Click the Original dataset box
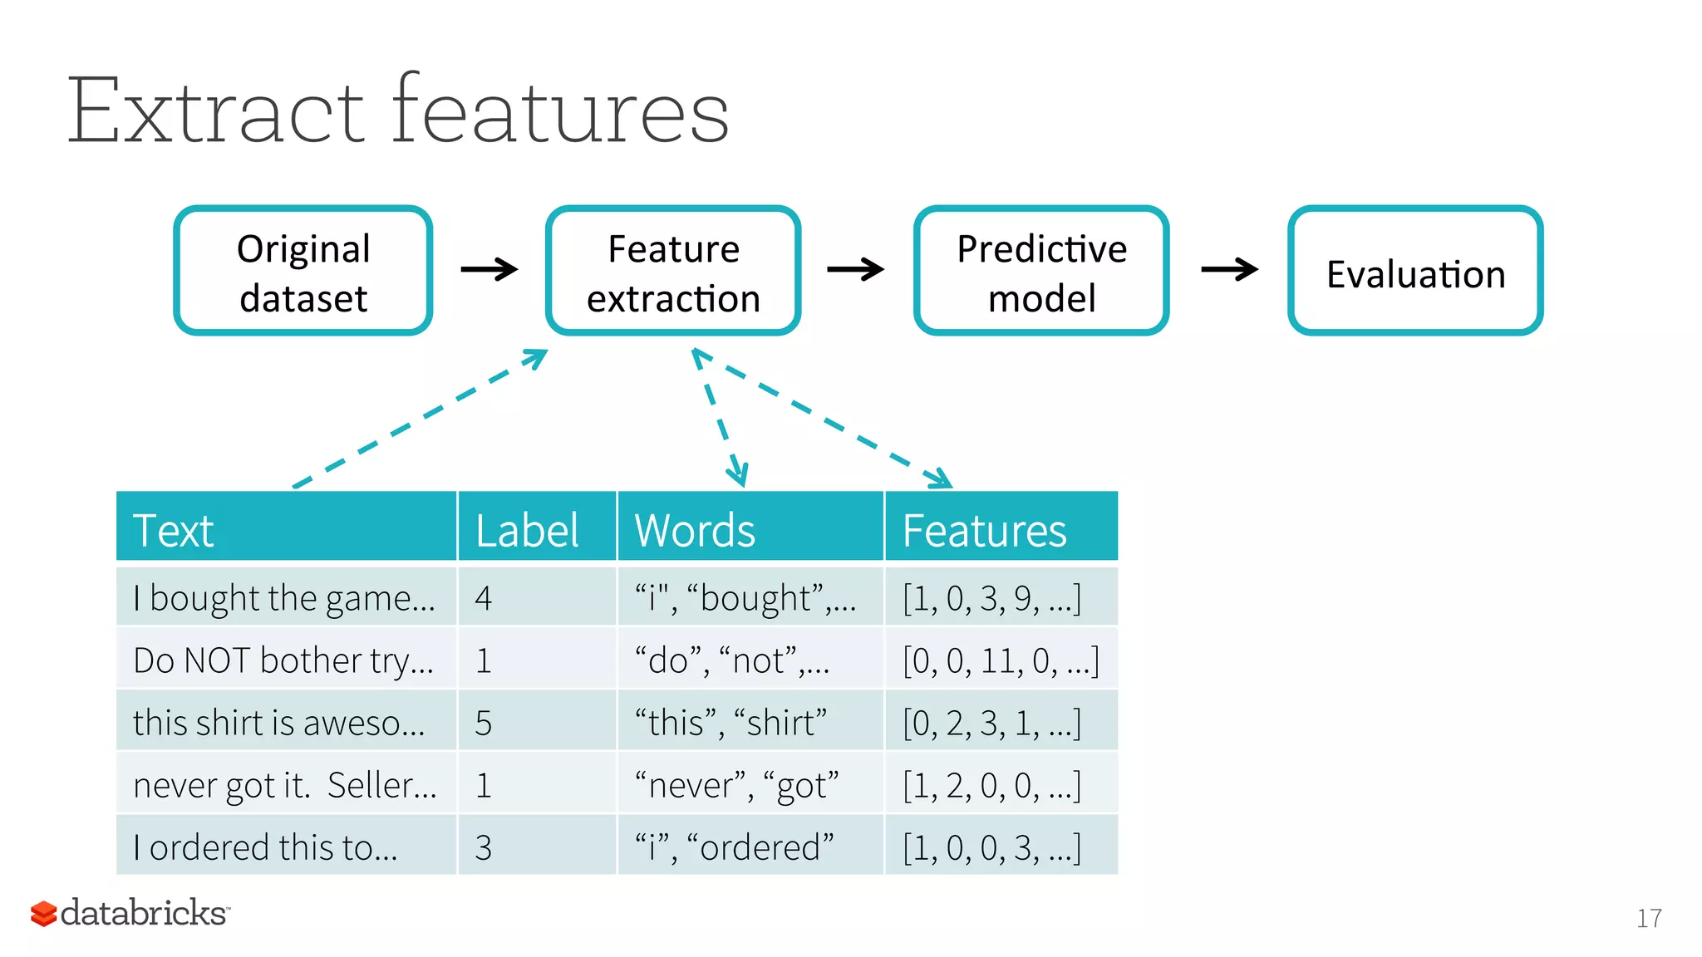(x=303, y=271)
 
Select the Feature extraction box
(x=673, y=271)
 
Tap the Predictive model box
(x=1041, y=271)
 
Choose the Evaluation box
(x=1415, y=271)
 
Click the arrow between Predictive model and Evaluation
(x=1229, y=269)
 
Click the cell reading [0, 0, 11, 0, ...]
(x=1001, y=660)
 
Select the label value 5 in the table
(x=484, y=723)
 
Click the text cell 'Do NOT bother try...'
(x=283, y=660)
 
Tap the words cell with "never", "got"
(x=736, y=785)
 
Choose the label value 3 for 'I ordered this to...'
(x=484, y=847)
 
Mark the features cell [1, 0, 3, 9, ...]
(x=992, y=598)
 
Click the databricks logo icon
(x=43, y=913)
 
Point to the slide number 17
(x=1649, y=918)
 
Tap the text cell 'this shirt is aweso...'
(x=279, y=723)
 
